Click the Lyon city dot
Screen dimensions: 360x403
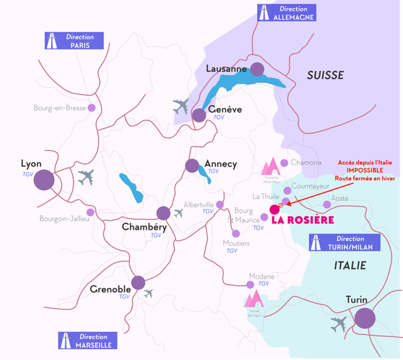click(x=44, y=180)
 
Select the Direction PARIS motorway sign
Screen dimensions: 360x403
click(x=74, y=41)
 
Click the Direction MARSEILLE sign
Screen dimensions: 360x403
click(x=88, y=341)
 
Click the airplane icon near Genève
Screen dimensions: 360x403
click(x=181, y=106)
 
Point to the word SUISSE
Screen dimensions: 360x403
click(x=325, y=75)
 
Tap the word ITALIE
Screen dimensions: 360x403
click(x=349, y=266)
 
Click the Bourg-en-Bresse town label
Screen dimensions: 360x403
click(x=60, y=108)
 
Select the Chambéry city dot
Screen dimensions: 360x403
click(x=163, y=213)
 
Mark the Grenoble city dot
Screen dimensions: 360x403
click(x=138, y=282)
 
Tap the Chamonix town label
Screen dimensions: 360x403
click(x=306, y=163)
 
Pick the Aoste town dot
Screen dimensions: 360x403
click(x=327, y=204)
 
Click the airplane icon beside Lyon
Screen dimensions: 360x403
click(x=85, y=177)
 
